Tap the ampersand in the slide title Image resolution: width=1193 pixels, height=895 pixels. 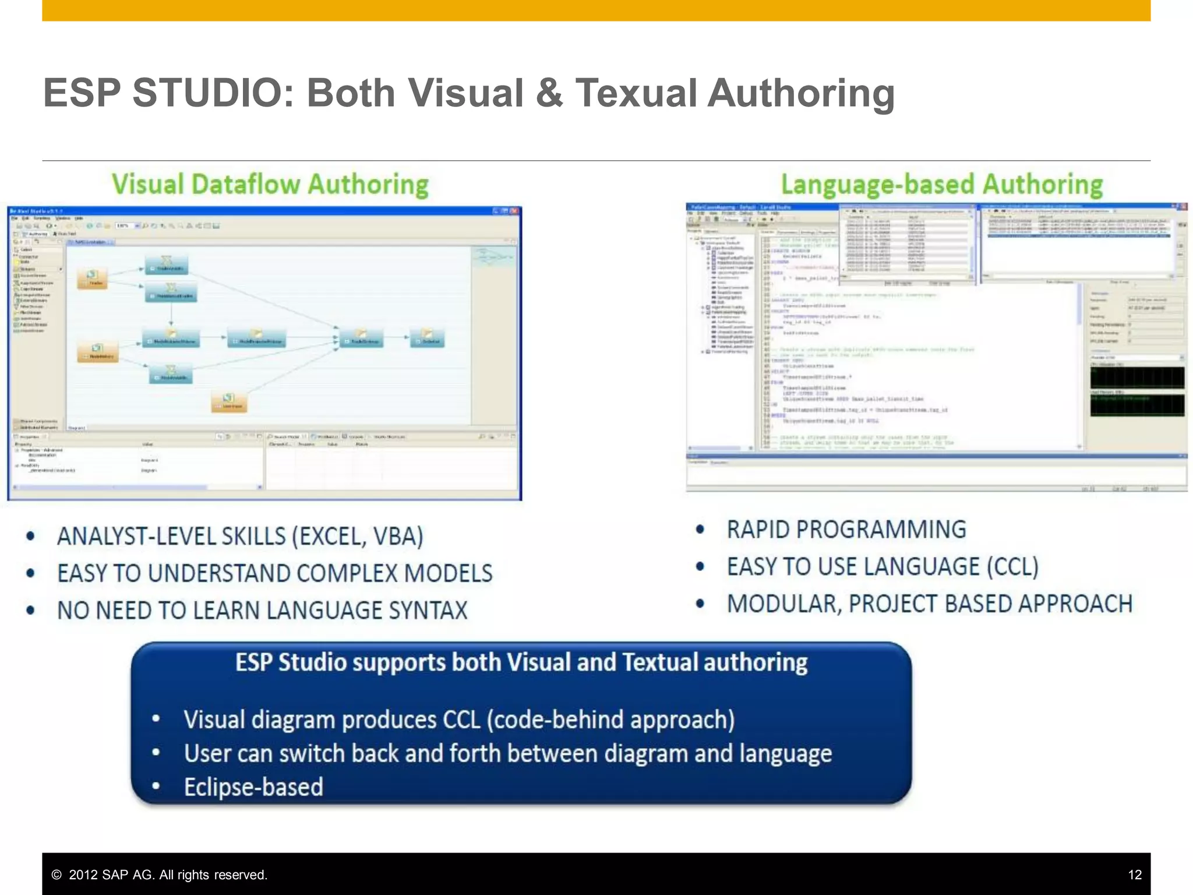pyautogui.click(x=549, y=93)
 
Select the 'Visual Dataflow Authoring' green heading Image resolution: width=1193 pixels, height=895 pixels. pyautogui.click(x=270, y=185)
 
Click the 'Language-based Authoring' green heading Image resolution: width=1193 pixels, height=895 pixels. pyautogui.click(x=941, y=185)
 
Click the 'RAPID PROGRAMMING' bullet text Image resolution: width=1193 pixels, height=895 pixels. pyautogui.click(x=846, y=530)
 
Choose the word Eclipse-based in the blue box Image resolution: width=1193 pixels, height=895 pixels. pyautogui.click(x=253, y=787)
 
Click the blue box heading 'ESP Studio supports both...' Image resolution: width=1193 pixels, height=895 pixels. pyautogui.click(x=521, y=663)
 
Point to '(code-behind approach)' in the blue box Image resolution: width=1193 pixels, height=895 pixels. pyautogui.click(x=610, y=720)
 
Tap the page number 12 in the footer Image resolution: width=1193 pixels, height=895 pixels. pyautogui.click(x=1134, y=875)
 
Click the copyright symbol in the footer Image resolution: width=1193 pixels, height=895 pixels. pyautogui.click(x=57, y=875)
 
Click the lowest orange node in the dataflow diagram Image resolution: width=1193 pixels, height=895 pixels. pyautogui.click(x=229, y=401)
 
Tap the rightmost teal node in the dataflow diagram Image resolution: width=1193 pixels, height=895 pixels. pyautogui.click(x=428, y=338)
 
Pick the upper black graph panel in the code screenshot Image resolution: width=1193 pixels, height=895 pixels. pyautogui.click(x=1136, y=378)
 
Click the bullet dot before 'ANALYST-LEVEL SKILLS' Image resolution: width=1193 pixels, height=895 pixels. pyautogui.click(x=31, y=537)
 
